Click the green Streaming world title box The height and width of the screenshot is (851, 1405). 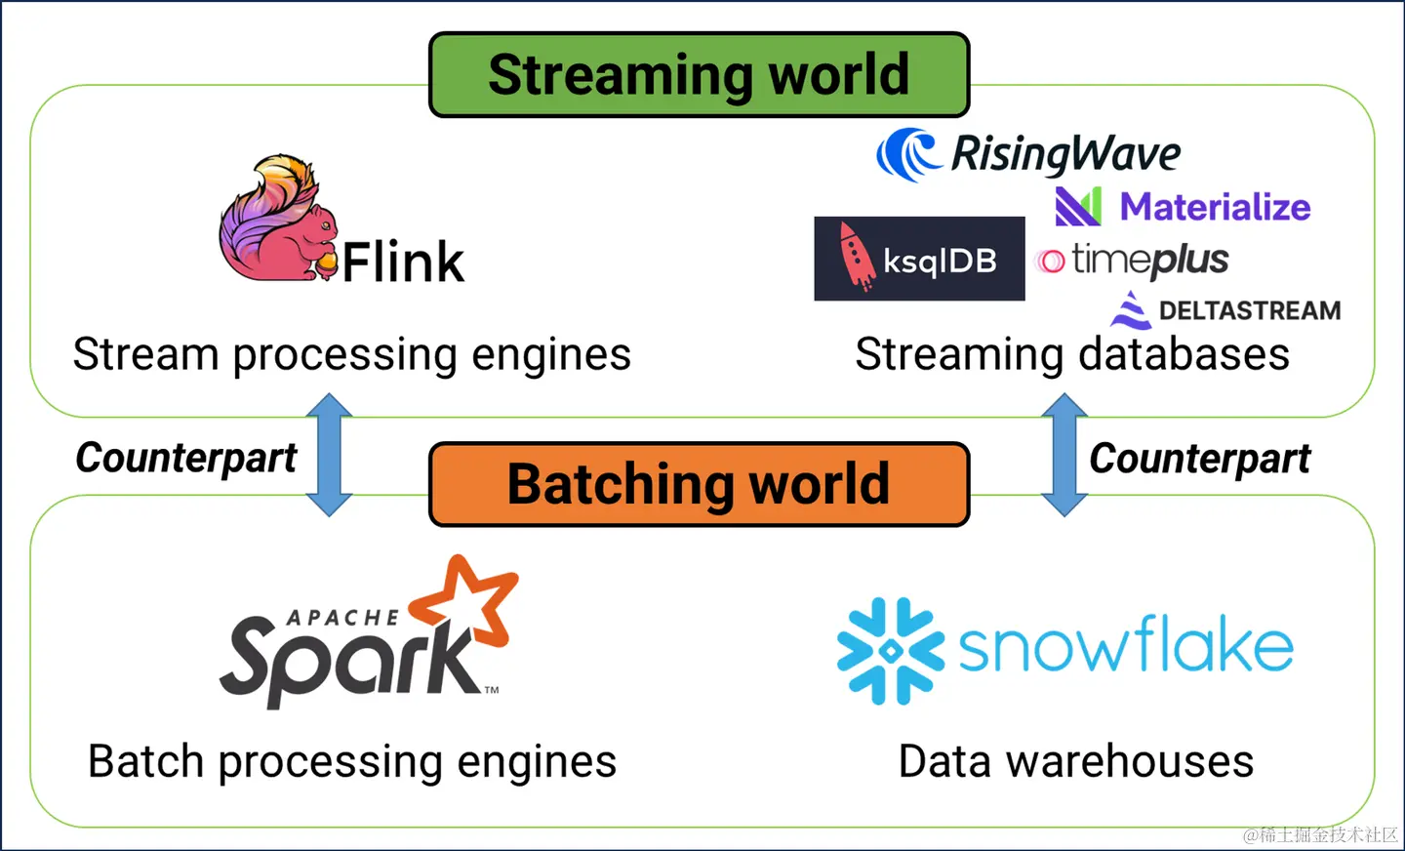tap(699, 75)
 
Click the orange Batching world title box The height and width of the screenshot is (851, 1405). tap(699, 484)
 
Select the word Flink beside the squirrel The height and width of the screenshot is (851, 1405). tap(403, 262)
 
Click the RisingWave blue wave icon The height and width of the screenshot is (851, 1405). tap(907, 154)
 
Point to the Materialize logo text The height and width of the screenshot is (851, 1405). tap(1215, 207)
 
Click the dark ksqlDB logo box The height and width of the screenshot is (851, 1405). tap(919, 259)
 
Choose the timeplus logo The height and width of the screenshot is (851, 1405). tap(1133, 261)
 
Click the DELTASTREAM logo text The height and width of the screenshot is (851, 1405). tap(1249, 310)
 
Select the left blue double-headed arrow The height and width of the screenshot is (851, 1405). tap(329, 455)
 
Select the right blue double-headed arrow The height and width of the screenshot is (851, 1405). tap(1064, 455)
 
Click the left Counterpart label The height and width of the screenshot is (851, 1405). tap(186, 458)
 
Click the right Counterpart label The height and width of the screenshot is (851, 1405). tap(1200, 458)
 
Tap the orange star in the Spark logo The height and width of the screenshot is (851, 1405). tap(465, 600)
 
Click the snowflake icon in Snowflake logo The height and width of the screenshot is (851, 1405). tap(890, 651)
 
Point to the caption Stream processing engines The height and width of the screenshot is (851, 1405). tap(352, 354)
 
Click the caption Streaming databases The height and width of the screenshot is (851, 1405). tap(1072, 354)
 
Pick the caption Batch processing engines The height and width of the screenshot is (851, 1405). tap(352, 761)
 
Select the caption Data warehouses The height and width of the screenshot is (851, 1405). tap(1076, 761)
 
